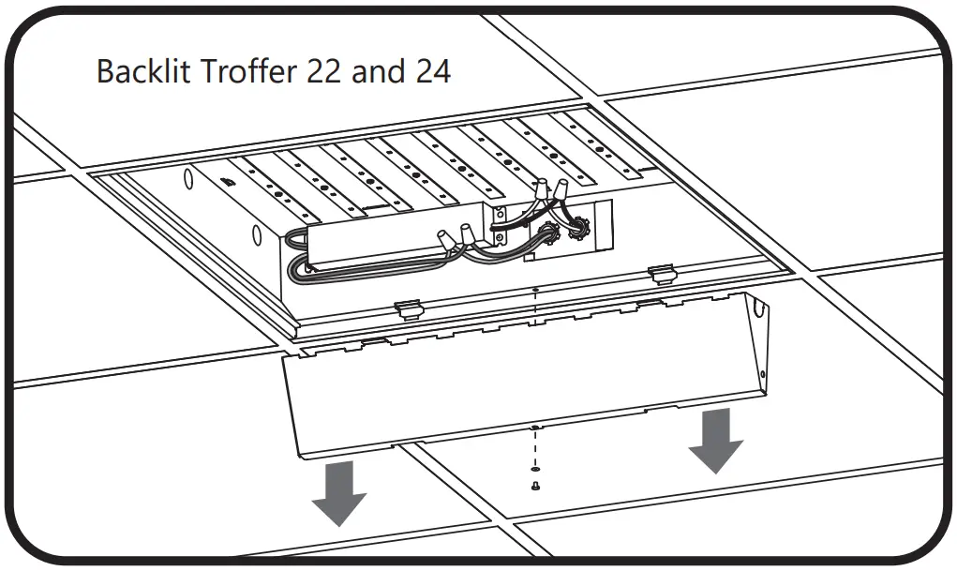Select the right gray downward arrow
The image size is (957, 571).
(x=716, y=439)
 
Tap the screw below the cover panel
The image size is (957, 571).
(x=534, y=486)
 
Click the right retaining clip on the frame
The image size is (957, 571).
(x=662, y=273)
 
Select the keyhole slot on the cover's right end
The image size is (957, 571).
(x=760, y=330)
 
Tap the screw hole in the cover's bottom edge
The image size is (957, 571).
(x=534, y=428)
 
